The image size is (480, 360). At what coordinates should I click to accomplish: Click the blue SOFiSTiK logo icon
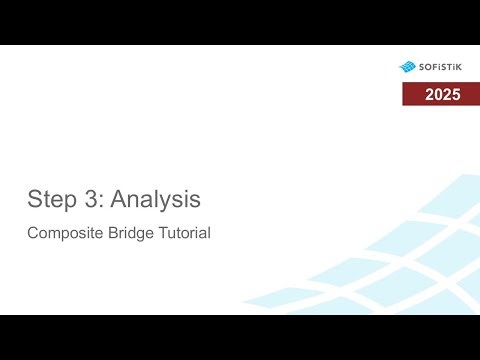[407, 67]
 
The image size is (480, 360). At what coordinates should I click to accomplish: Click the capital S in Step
[34, 199]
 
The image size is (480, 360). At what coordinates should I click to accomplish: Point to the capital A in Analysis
[116, 199]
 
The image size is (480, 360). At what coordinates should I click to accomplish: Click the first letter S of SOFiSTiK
[421, 67]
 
